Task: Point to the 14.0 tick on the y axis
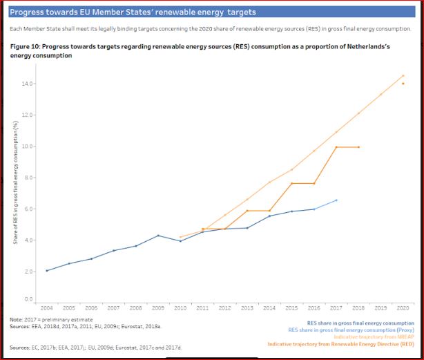point(29,84)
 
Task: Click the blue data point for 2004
point(47,270)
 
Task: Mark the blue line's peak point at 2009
point(158,236)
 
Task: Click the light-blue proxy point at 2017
point(336,200)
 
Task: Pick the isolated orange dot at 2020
point(403,84)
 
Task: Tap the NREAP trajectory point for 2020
point(403,76)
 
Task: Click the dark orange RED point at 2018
point(358,146)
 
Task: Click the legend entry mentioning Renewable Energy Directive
point(340,343)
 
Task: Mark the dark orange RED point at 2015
point(291,183)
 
